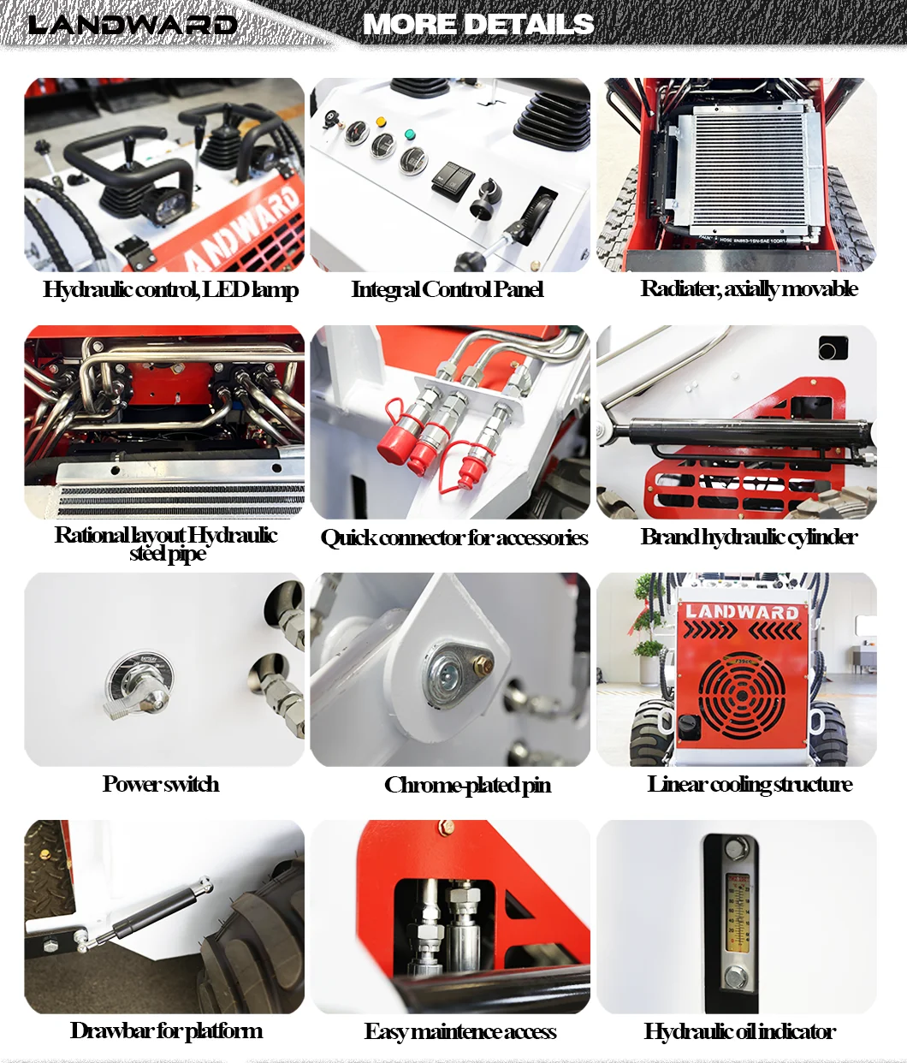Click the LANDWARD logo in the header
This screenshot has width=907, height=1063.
pyautogui.click(x=132, y=24)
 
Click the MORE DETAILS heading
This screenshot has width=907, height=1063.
pyautogui.click(x=478, y=24)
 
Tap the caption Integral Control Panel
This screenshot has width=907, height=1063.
pyautogui.click(x=447, y=289)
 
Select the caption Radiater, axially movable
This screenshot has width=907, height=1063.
pyautogui.click(x=749, y=288)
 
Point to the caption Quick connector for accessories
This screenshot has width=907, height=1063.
pyautogui.click(x=454, y=538)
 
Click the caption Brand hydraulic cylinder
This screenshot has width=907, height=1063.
pyautogui.click(x=749, y=537)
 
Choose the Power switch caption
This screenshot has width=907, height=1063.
pyautogui.click(x=161, y=784)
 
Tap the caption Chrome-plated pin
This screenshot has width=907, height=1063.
pyautogui.click(x=467, y=786)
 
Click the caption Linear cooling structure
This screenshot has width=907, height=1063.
pyautogui.click(x=750, y=784)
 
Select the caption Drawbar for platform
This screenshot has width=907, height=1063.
pyautogui.click(x=166, y=1030)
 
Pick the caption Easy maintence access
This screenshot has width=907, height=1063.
pyautogui.click(x=460, y=1031)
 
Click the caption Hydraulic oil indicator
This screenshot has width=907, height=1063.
pyautogui.click(x=739, y=1031)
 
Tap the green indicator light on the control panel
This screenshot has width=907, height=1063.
pyautogui.click(x=410, y=134)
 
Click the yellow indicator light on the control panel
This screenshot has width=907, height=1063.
pyautogui.click(x=381, y=122)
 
